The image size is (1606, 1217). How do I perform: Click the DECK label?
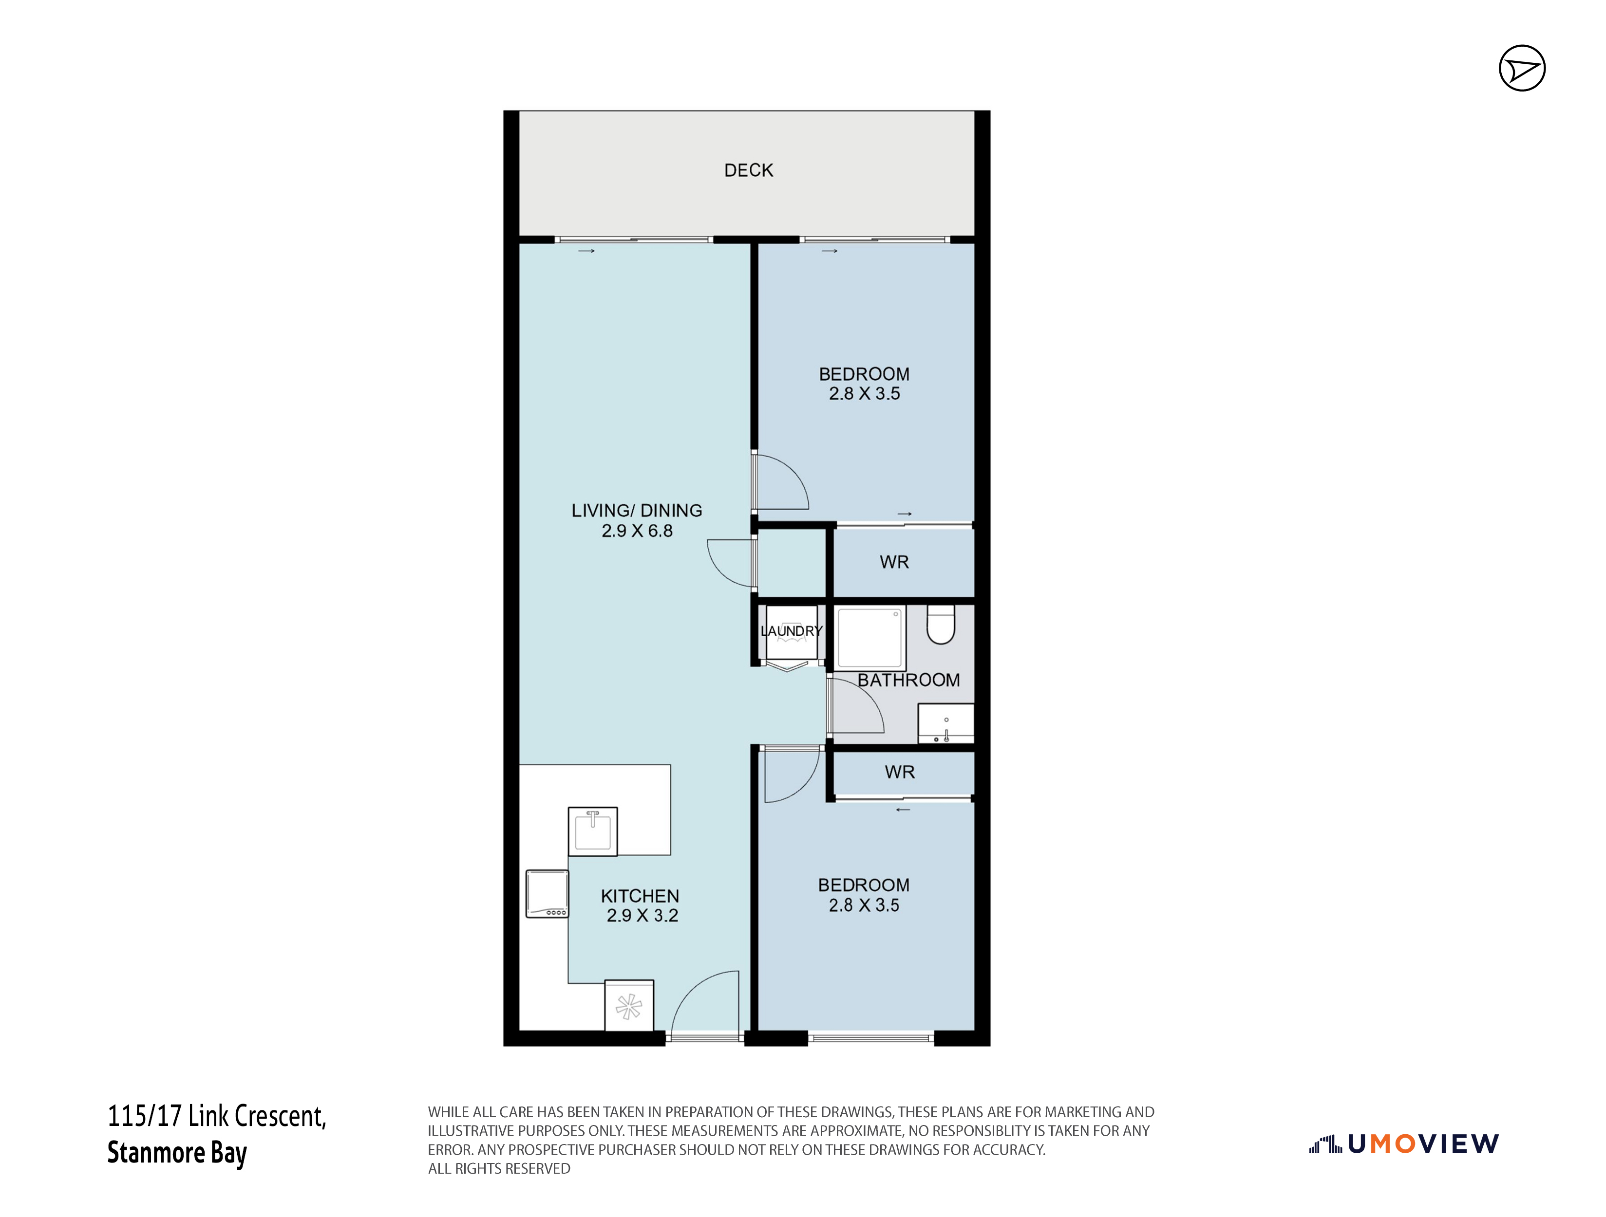point(749,170)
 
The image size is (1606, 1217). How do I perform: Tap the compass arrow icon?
point(1522,68)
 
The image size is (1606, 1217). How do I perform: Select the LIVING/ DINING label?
point(637,511)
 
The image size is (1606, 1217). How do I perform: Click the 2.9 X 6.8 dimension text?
point(637,531)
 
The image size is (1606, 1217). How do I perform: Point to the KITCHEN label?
point(640,896)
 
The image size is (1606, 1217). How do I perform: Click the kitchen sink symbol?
point(592,831)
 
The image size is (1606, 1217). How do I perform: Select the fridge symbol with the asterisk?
point(629,1006)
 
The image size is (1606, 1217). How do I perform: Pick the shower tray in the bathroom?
point(870,638)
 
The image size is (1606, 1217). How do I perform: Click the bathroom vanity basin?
point(946,723)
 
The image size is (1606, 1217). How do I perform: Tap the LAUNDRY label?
point(792,631)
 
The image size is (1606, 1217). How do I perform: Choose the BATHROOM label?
point(908,681)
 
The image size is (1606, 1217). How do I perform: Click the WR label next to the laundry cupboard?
point(894,562)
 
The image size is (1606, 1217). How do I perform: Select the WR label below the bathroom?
point(900,772)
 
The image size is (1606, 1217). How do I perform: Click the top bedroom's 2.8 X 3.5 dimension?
point(864,394)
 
